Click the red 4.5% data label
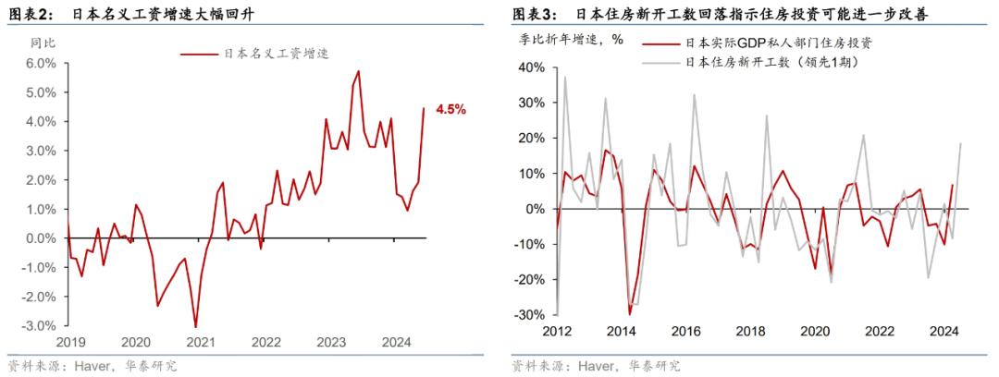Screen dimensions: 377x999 (450, 109)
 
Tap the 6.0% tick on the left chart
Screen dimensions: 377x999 (41, 63)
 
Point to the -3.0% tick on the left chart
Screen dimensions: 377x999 (39, 326)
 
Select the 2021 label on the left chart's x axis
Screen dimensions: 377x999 (202, 342)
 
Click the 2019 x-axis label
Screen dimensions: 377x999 (70, 342)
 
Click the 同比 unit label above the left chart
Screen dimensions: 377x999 (43, 42)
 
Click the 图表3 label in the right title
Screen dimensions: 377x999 (535, 14)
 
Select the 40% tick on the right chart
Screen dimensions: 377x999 (535, 67)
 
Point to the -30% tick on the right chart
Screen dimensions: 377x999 (532, 314)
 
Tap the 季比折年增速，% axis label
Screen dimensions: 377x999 (570, 40)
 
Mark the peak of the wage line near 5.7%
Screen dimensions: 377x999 (358, 71)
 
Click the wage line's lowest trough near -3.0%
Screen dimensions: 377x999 (195, 326)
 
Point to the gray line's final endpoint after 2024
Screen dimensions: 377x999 (960, 143)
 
